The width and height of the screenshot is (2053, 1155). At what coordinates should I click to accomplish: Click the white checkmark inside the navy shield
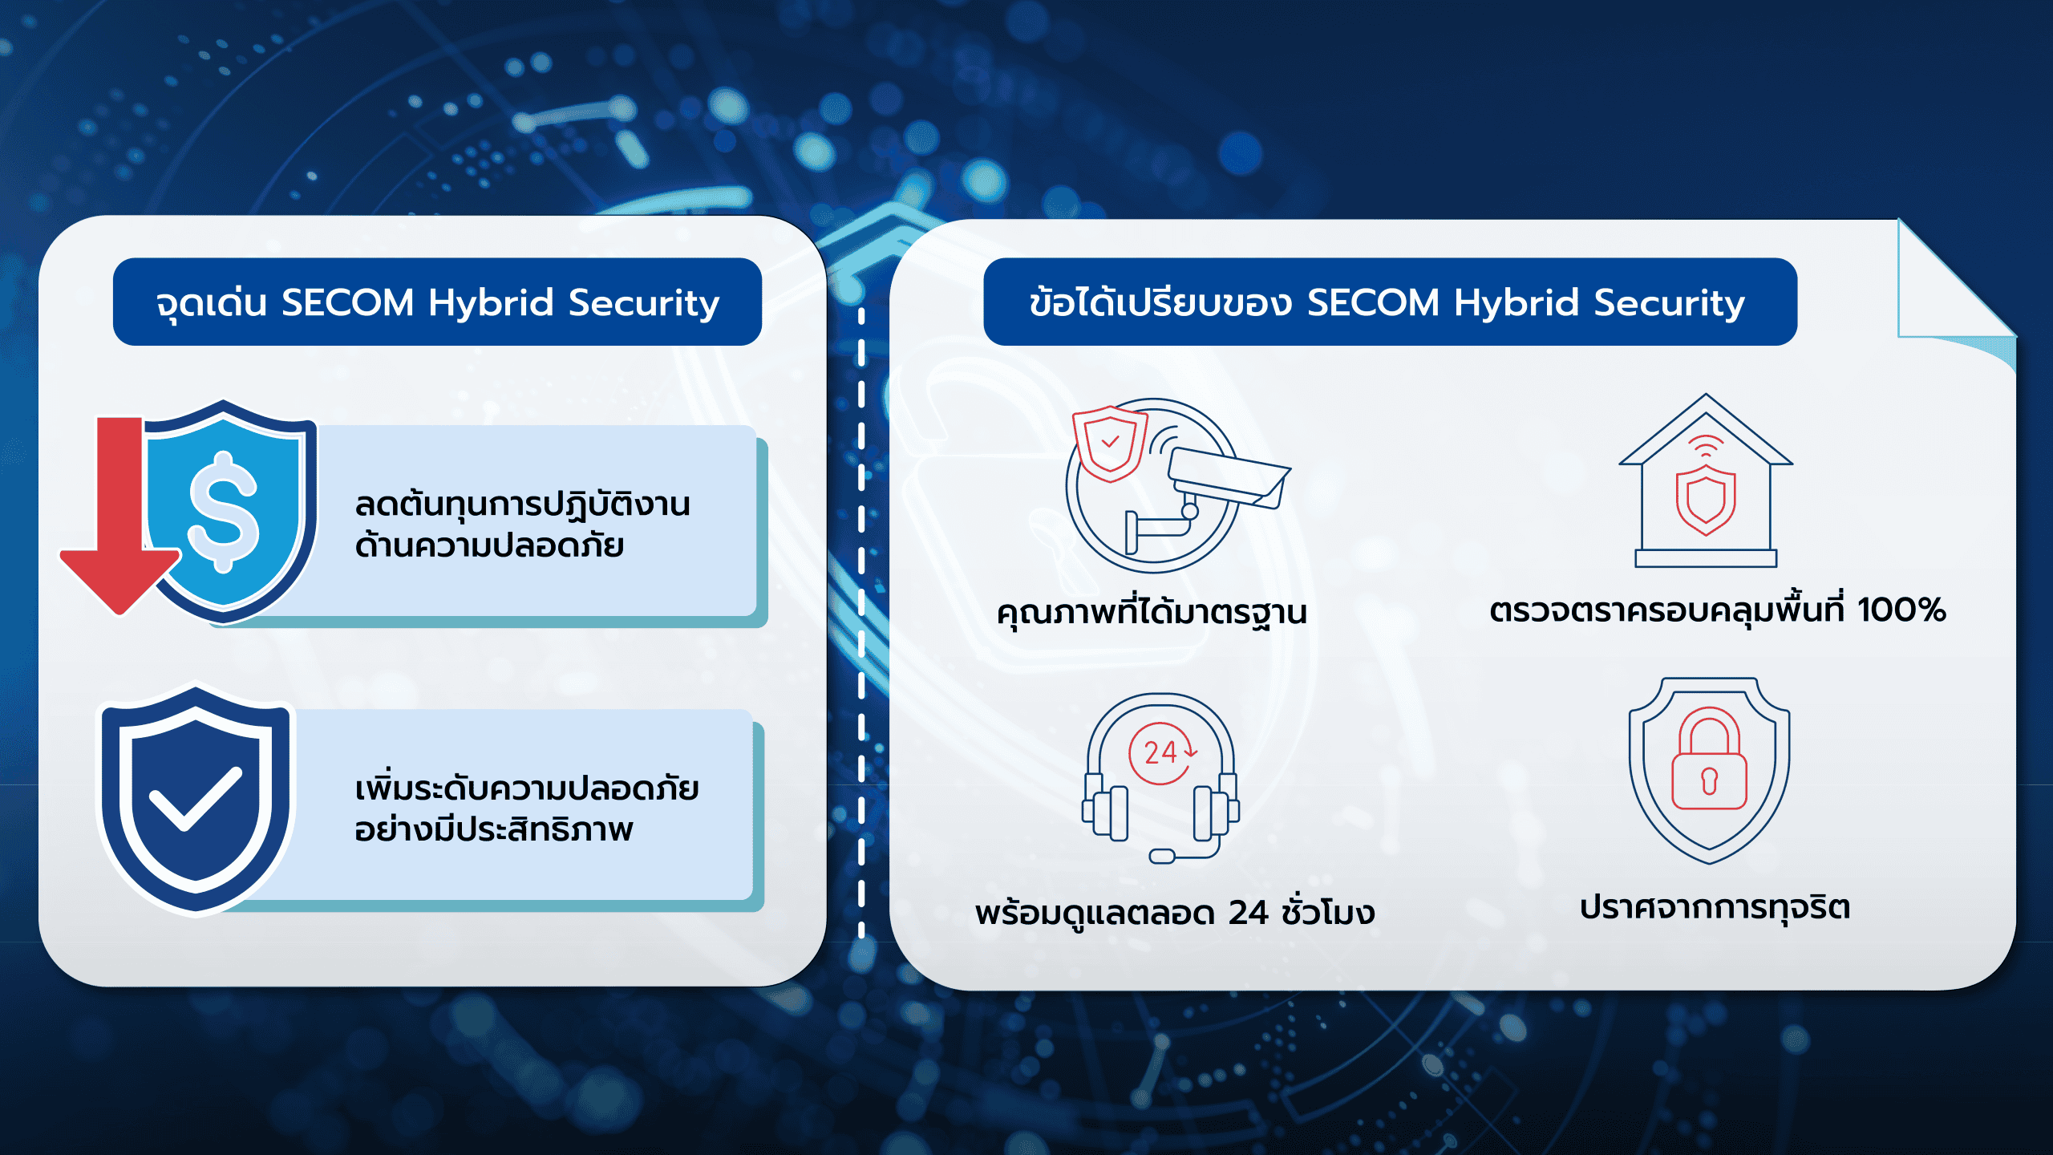[196, 799]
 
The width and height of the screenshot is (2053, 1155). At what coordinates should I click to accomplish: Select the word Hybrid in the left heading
[491, 303]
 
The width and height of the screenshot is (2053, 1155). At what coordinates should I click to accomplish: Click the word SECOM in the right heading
[1373, 302]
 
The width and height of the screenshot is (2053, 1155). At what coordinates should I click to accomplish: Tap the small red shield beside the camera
[1110, 444]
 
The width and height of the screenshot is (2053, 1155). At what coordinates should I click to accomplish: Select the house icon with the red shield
[1706, 480]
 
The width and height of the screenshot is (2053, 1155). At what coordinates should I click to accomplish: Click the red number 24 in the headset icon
[1160, 752]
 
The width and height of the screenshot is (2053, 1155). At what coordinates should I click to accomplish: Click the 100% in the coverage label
[1901, 610]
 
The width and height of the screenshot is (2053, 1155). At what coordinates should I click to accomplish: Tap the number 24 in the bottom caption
[1249, 913]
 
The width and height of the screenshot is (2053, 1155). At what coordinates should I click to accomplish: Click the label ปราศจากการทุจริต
[1715, 908]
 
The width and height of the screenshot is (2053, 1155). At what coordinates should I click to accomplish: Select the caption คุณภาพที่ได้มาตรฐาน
[1152, 611]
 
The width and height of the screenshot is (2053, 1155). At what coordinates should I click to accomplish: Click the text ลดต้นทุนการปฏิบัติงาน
[522, 504]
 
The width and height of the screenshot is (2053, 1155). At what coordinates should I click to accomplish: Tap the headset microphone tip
[1162, 856]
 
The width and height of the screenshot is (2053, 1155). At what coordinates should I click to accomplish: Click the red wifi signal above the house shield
[1706, 446]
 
